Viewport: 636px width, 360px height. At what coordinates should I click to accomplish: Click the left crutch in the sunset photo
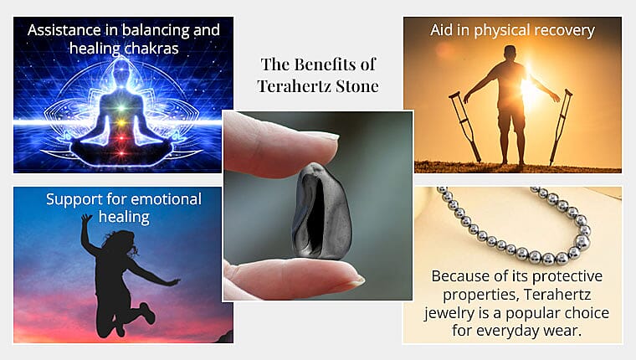point(465,126)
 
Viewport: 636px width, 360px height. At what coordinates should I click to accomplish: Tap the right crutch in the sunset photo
point(561,126)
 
